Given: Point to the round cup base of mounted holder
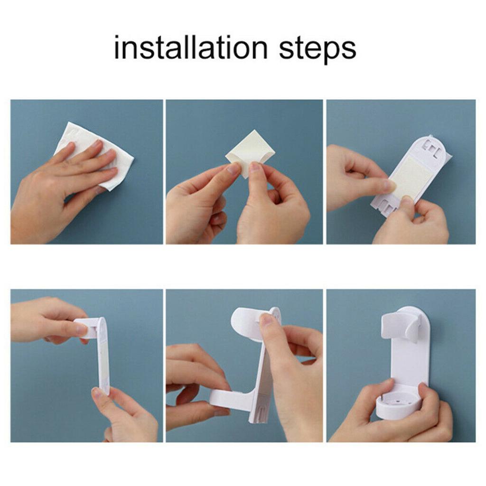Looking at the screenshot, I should pyautogui.click(x=398, y=406).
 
